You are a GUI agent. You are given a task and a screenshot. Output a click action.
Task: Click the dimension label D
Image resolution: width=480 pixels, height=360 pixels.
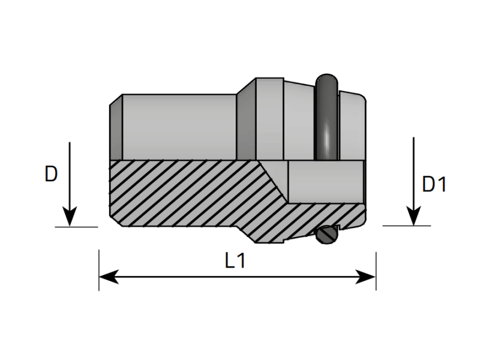[51, 174]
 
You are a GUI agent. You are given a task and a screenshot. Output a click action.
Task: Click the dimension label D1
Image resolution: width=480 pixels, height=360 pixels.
[434, 184]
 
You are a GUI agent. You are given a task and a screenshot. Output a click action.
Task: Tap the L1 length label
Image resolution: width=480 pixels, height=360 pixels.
[235, 260]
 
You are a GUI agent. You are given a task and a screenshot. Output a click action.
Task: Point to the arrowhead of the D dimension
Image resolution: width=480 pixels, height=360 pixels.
[70, 217]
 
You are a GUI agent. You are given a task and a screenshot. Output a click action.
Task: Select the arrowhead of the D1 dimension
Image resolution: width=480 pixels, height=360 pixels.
[414, 215]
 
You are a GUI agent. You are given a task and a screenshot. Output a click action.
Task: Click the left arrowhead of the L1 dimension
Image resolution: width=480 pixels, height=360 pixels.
[109, 277]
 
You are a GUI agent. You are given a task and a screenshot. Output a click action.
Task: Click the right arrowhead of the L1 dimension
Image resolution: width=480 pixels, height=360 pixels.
[365, 277]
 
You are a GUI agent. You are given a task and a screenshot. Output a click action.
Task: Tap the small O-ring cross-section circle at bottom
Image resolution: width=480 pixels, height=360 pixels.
[327, 235]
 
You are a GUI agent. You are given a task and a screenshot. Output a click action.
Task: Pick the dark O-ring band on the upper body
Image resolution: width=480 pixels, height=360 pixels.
[327, 117]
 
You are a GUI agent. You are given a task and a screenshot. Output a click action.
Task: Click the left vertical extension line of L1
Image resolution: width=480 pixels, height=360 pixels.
[99, 270]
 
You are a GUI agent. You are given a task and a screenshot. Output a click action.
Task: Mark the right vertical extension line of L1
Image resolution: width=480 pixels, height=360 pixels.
[376, 271]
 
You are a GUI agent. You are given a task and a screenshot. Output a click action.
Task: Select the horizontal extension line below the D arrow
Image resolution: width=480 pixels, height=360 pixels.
[76, 227]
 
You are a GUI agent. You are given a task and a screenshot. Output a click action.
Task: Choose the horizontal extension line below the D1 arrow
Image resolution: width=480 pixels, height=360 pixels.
[407, 226]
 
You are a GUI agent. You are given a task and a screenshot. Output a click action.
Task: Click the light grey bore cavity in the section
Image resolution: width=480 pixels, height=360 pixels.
[326, 181]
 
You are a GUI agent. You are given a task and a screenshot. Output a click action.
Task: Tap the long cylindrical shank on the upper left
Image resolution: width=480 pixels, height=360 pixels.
[179, 127]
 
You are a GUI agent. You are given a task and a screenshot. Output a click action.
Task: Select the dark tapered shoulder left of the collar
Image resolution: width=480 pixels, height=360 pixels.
[246, 119]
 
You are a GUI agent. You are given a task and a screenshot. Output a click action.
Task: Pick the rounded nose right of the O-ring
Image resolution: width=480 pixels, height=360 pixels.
[352, 125]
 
